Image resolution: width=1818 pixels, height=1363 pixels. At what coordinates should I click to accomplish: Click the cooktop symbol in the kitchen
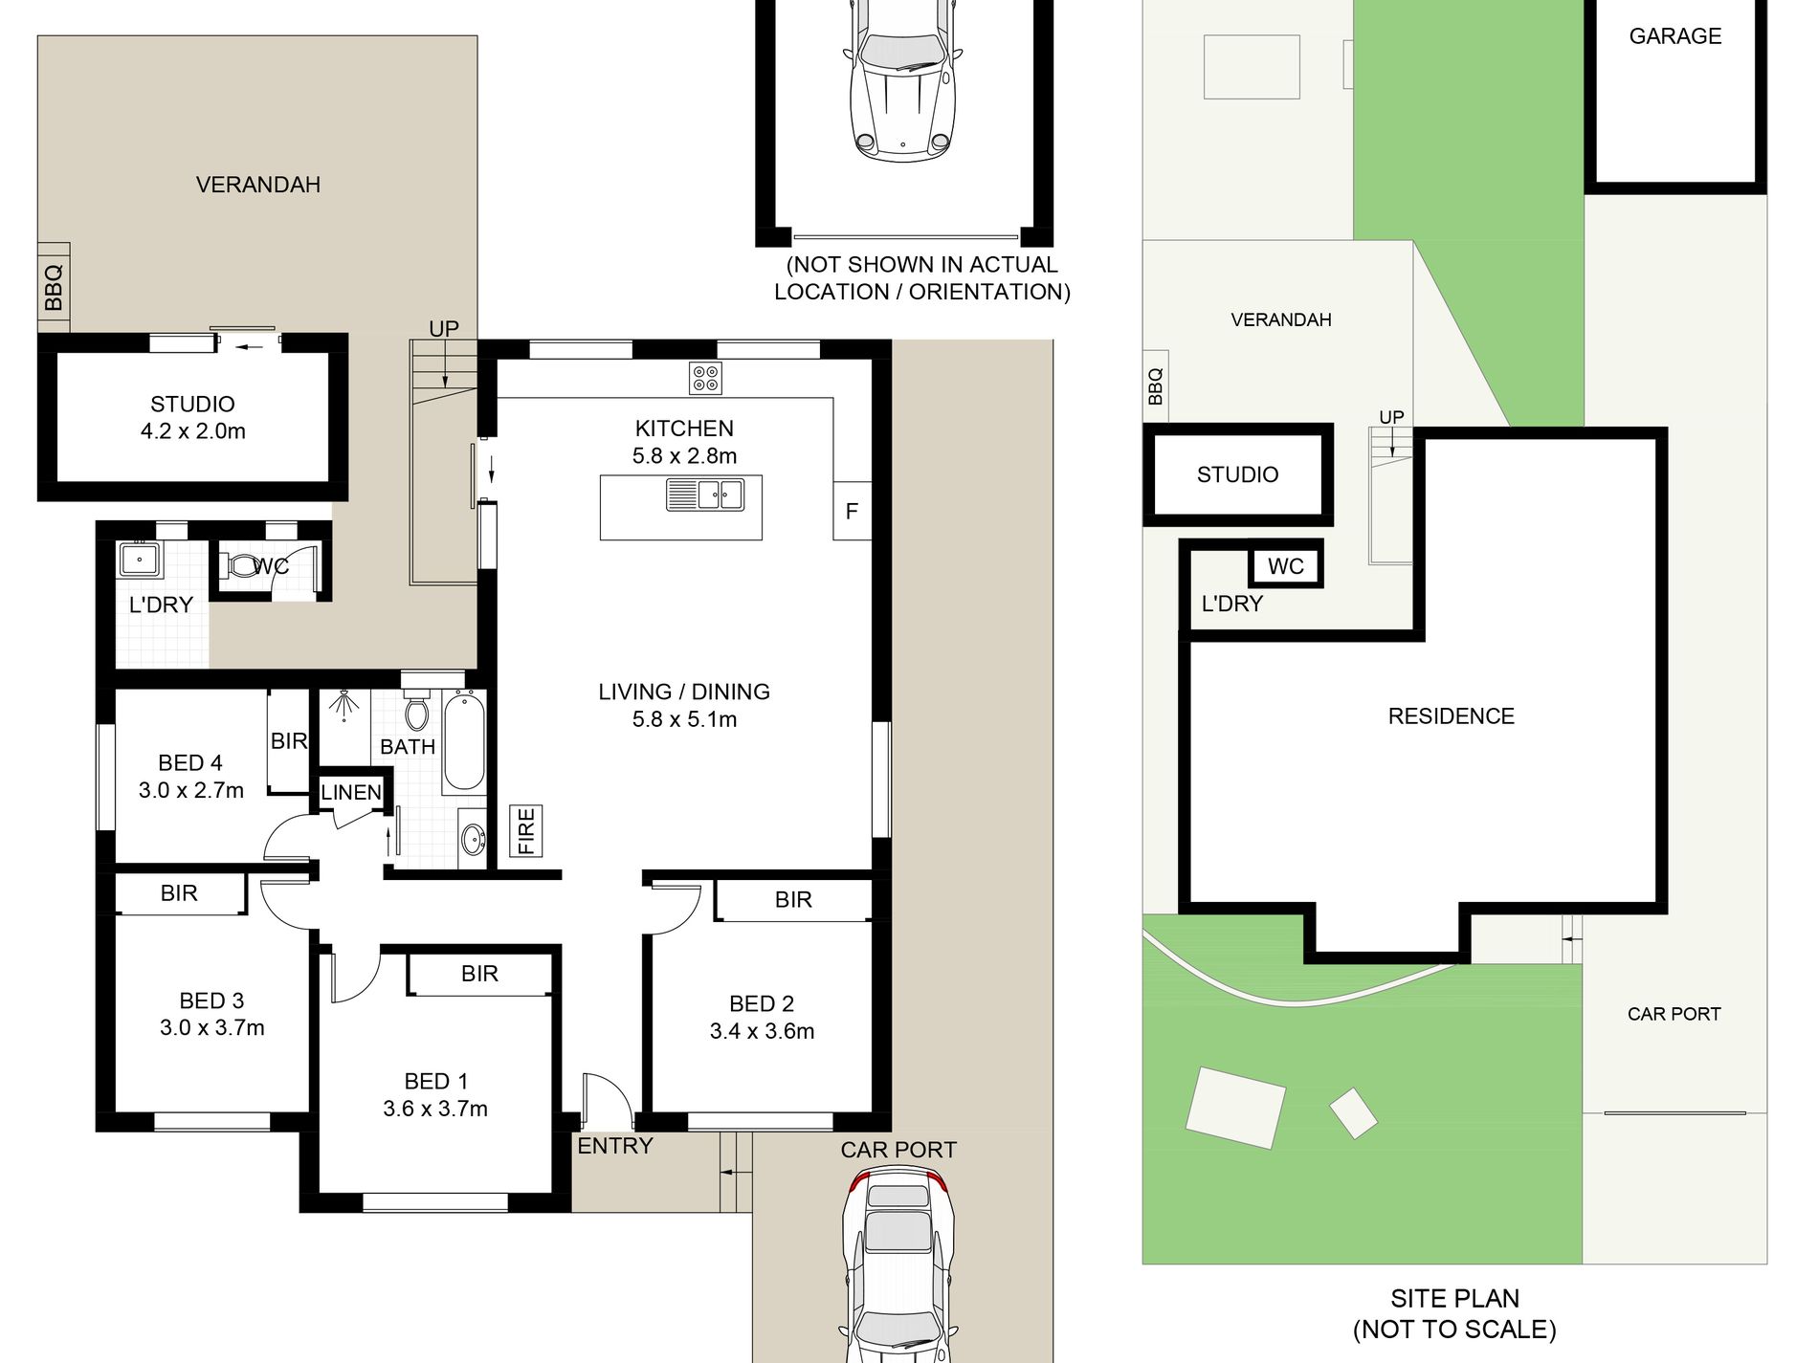pos(705,378)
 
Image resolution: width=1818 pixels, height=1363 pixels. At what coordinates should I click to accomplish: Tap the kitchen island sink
pos(705,495)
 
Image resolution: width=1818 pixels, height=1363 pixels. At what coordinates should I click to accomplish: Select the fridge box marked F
pos(852,511)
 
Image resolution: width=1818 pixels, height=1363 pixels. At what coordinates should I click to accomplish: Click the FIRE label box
pos(525,830)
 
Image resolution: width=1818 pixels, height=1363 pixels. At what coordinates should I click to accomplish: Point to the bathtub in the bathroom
pos(464,742)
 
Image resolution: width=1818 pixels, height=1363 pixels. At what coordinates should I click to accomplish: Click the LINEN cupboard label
pos(351,792)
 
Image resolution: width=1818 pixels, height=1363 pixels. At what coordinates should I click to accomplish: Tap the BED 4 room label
pos(190,762)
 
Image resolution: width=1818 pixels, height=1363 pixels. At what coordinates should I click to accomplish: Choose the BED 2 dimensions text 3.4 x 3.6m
pos(762,1031)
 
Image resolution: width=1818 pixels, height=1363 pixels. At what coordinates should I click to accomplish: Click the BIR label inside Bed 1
pos(479,974)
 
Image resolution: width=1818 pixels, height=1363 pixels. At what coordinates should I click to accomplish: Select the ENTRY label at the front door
pos(615,1146)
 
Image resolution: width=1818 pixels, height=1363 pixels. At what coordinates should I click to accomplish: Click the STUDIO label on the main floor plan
pos(192,404)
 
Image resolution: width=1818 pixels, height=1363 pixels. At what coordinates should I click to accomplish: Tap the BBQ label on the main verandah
pos(54,288)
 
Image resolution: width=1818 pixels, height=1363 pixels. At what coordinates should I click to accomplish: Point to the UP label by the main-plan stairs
pos(444,329)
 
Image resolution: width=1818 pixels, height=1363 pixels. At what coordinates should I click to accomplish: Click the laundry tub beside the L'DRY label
pos(140,560)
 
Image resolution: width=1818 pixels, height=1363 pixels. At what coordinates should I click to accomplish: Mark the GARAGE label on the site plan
pos(1675,36)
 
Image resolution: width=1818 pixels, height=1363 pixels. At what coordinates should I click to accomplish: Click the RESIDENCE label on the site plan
pos(1452,716)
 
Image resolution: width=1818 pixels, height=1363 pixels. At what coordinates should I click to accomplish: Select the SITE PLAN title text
pos(1454,1298)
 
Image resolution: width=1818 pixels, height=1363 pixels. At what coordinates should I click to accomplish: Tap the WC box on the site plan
pos(1286,565)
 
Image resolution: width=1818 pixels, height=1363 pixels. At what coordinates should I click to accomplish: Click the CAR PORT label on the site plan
pos(1674,1014)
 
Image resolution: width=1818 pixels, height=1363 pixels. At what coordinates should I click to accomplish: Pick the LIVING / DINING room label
pos(684,692)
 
